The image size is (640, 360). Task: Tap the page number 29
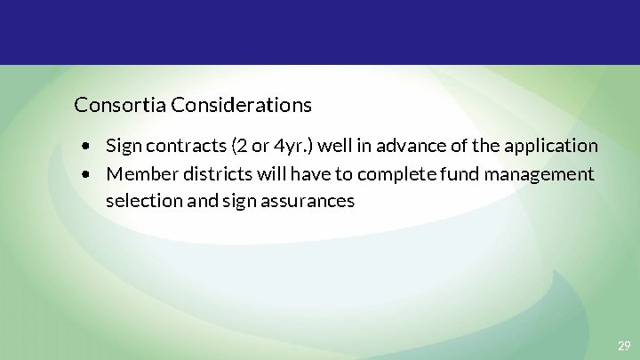click(x=624, y=346)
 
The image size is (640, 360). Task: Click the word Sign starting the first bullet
click(x=122, y=145)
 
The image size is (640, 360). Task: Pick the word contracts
click(x=178, y=145)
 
